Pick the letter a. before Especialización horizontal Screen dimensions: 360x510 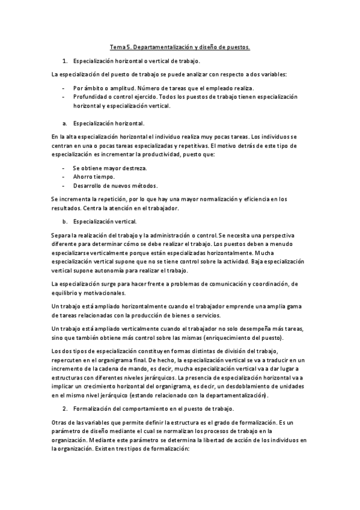point(64,123)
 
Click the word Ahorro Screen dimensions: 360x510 point(83,177)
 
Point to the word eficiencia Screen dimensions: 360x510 point(259,198)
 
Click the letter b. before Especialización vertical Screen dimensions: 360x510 point(64,221)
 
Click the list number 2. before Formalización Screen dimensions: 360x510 point(66,409)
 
